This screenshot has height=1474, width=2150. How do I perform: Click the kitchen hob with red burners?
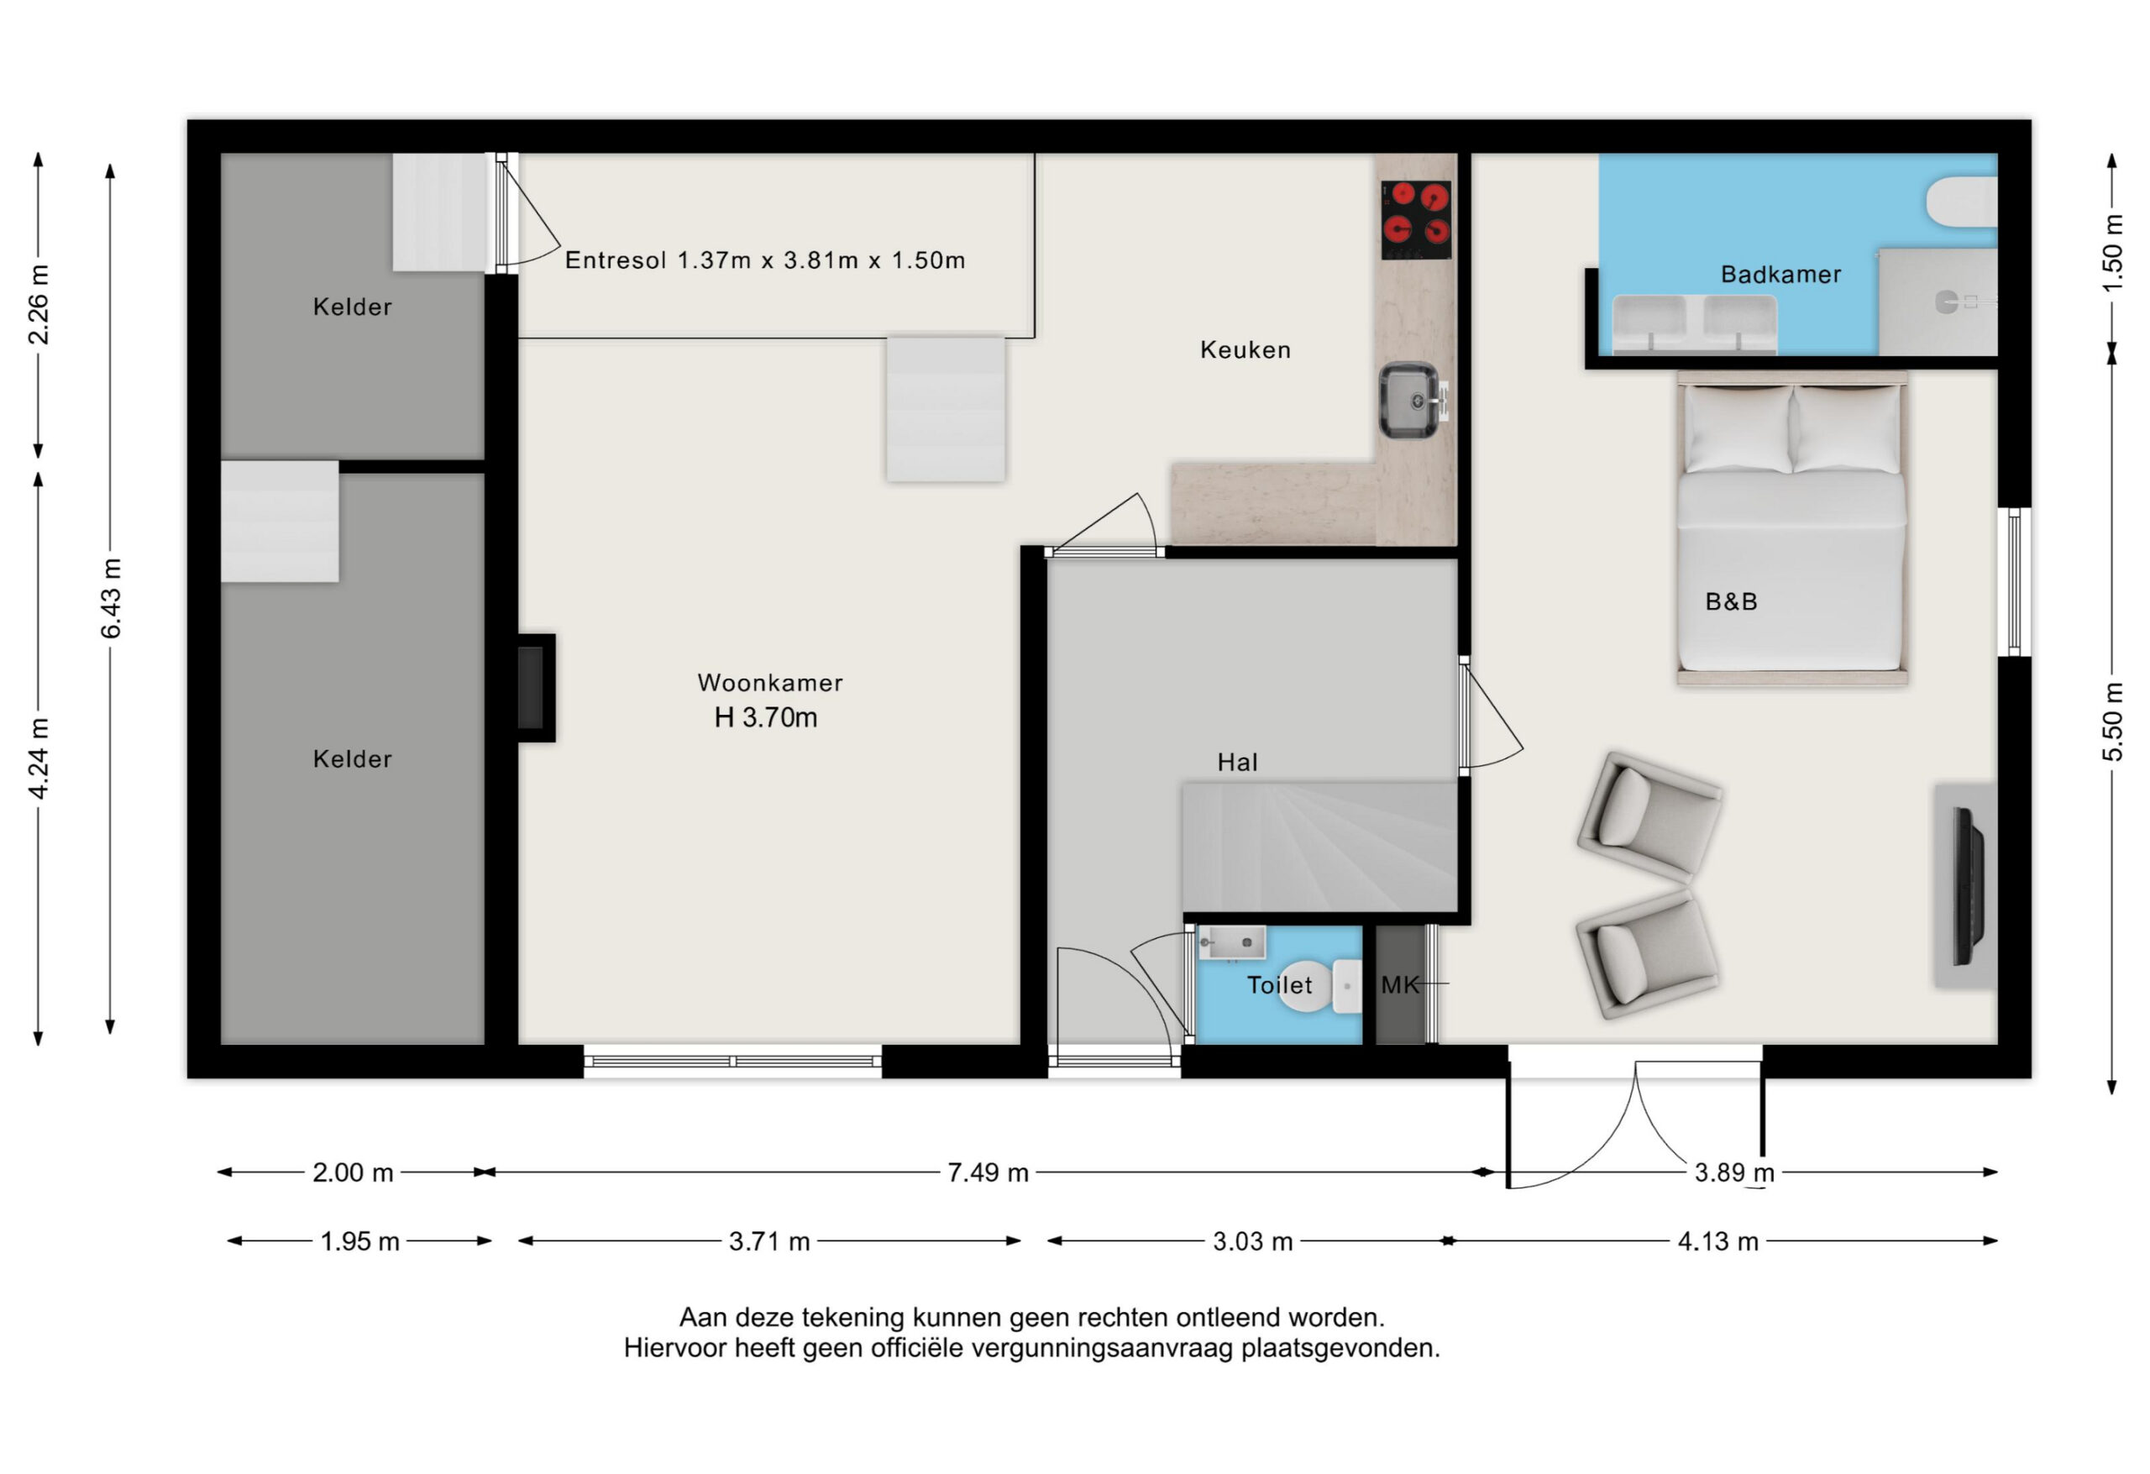[1415, 219]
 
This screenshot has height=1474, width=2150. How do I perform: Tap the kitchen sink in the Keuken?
[1410, 400]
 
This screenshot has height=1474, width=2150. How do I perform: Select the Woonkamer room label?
[769, 683]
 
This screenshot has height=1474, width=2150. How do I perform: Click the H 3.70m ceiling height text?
[766, 717]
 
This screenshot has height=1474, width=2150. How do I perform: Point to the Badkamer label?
[1780, 274]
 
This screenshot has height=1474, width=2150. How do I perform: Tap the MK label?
[1400, 984]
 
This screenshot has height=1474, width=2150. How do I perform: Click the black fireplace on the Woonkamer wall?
[535, 688]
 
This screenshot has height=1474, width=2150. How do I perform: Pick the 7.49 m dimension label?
[987, 1172]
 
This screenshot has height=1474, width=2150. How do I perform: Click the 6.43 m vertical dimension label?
[111, 598]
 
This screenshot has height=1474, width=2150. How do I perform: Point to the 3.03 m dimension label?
[1251, 1241]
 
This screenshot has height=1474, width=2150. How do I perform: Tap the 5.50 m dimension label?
[2112, 721]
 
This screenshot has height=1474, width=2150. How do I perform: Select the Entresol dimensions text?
[765, 260]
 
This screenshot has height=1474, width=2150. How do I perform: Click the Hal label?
[1237, 763]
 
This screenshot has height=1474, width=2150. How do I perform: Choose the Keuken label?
[1245, 349]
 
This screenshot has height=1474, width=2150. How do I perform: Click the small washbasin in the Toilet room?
[1231, 943]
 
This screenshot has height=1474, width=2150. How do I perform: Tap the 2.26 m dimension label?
[39, 304]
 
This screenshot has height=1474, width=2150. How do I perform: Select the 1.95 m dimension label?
[360, 1241]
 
